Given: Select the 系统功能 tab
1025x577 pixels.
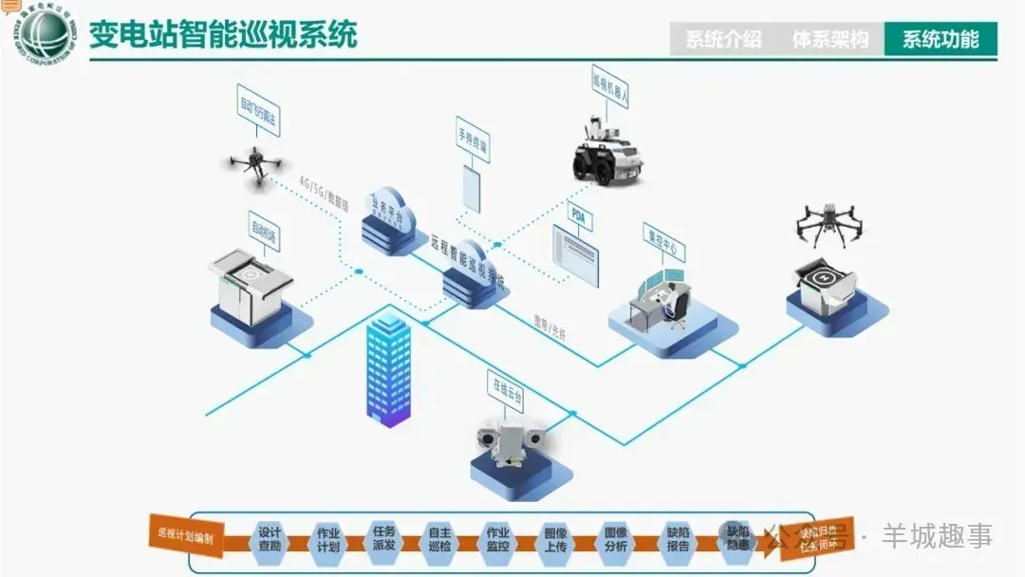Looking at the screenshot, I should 940,39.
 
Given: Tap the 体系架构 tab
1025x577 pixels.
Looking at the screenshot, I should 830,39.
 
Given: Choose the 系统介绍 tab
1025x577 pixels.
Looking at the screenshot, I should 723,39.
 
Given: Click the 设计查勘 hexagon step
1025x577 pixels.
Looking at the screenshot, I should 270,538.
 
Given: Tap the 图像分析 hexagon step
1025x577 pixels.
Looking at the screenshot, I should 615,538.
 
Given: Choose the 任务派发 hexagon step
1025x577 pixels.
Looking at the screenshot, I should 384,538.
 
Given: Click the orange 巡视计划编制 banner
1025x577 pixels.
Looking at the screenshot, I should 186,536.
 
